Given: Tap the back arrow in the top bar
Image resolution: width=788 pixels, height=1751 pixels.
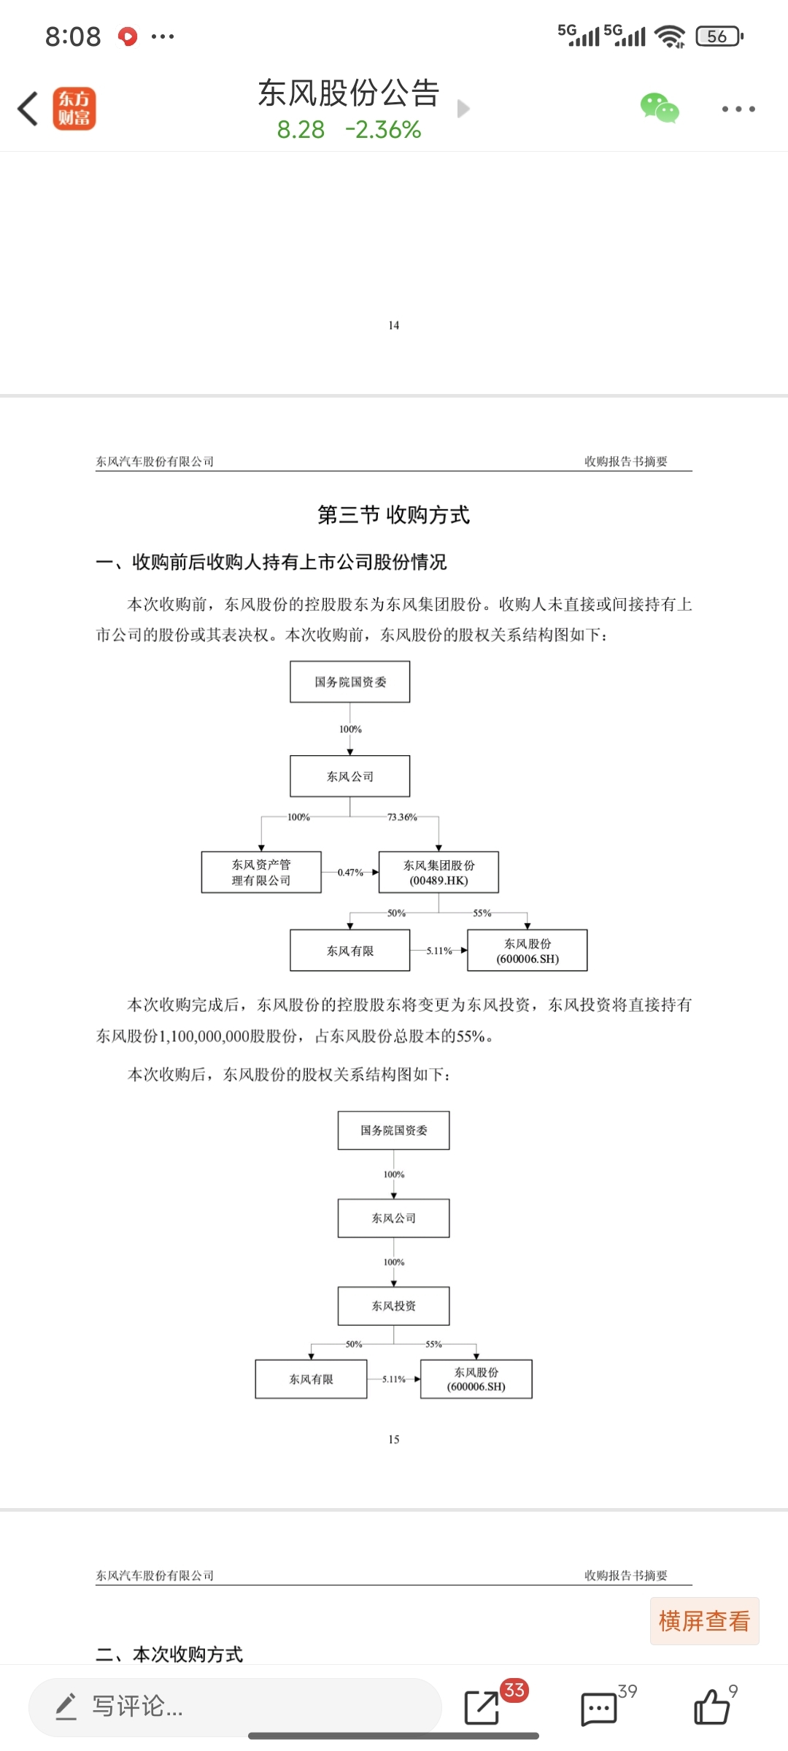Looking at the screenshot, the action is pos(28,109).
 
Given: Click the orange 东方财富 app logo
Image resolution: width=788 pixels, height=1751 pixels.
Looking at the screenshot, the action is pos(74,109).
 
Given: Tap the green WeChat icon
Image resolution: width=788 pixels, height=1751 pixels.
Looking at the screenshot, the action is pos(660,108).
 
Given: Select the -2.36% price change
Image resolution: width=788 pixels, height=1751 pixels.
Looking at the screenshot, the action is pos(383,130).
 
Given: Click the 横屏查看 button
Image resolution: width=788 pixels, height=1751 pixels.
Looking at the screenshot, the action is pos(704,1621).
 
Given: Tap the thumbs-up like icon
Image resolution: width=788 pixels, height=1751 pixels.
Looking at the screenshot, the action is pos(711,1706).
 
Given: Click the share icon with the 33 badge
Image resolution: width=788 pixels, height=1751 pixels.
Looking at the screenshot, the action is pos(482,1706).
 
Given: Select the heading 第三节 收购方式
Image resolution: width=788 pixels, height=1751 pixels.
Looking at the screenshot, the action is pos(393,515).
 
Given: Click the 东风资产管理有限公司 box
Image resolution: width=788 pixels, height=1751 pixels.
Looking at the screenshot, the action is pos(261,872).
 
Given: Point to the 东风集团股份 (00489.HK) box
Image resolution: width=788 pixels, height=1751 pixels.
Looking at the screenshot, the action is pos(439,872).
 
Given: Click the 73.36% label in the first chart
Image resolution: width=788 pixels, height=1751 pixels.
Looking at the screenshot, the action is pos(402,817).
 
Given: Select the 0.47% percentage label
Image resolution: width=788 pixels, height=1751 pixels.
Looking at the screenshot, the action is pos(350,873).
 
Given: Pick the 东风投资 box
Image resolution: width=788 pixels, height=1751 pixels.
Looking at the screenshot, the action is pos(393,1306).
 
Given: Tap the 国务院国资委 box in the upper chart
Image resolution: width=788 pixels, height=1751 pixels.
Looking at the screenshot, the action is pos(350,682).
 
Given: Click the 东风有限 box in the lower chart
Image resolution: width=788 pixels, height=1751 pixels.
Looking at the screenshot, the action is pos(311,1379).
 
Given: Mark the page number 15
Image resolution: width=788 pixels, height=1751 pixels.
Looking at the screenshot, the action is pos(394,1439).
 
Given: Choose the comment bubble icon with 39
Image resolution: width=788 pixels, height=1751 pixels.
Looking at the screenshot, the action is pos(599,1708).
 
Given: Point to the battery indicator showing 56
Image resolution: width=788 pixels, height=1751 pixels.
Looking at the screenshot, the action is pos(719,36).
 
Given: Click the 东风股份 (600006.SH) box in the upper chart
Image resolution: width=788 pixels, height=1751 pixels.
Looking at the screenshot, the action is pos(528,950).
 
